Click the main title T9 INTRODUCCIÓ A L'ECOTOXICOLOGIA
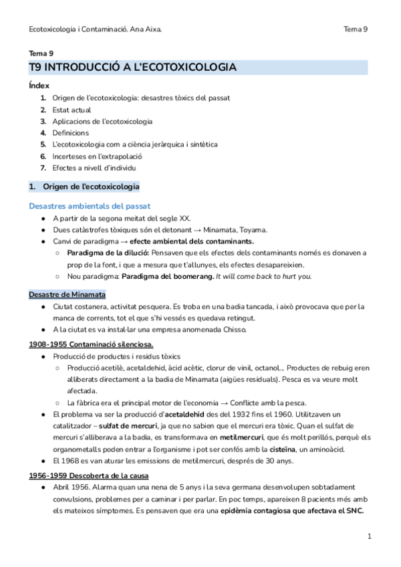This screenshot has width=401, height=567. click(132, 68)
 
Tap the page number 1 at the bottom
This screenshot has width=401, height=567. click(370, 536)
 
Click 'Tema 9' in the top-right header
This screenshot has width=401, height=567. click(356, 29)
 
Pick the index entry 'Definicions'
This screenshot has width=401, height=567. click(70, 133)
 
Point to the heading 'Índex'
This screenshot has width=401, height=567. click(39, 86)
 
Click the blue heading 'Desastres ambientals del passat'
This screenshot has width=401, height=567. click(90, 206)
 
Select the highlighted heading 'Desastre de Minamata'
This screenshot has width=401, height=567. click(67, 294)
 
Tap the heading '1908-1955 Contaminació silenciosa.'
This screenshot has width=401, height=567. click(91, 344)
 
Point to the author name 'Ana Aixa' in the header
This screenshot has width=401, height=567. click(146, 29)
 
